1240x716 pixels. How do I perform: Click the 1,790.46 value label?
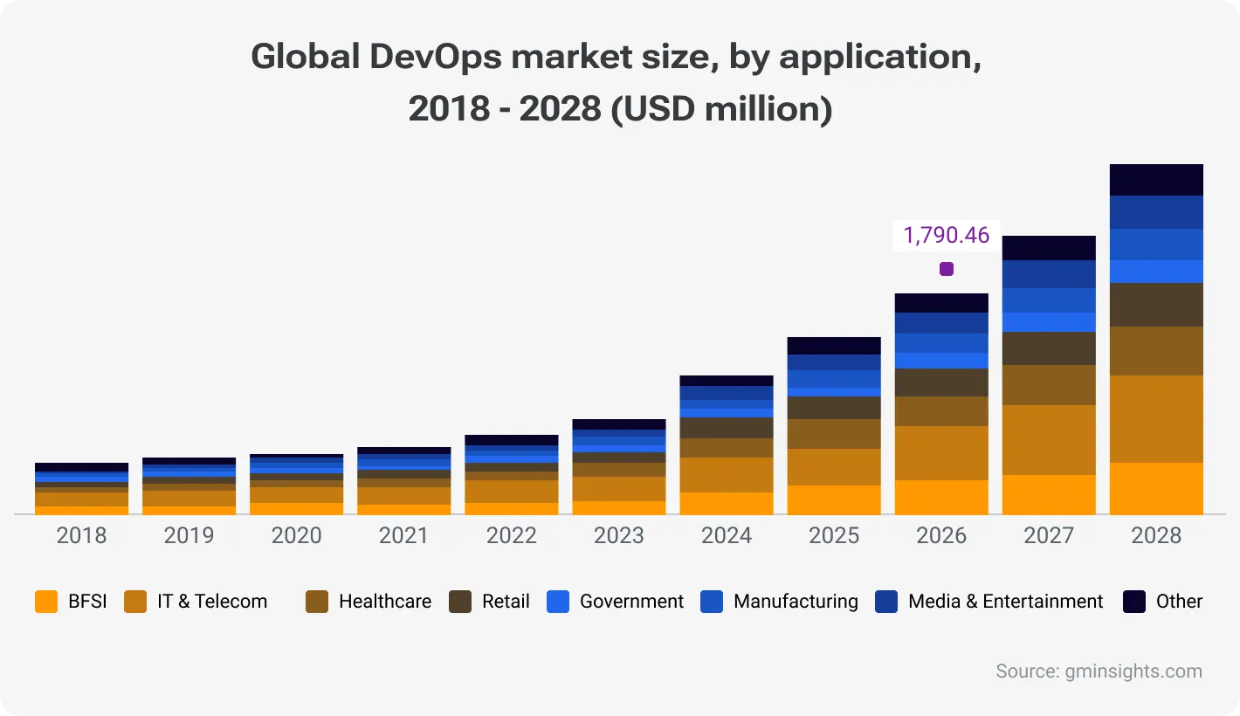(x=946, y=235)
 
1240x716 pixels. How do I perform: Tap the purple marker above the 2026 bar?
(x=946, y=269)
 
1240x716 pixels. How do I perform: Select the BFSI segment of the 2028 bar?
(x=1156, y=488)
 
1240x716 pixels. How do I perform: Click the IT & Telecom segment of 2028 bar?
(x=1156, y=418)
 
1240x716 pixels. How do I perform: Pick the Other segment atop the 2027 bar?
(x=1049, y=248)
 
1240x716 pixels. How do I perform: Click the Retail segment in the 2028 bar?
(x=1156, y=304)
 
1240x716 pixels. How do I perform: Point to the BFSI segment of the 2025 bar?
(x=834, y=499)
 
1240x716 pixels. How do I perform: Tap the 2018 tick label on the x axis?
(x=81, y=535)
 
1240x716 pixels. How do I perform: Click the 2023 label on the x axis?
(x=618, y=535)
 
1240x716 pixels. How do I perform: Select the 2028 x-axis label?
(x=1156, y=535)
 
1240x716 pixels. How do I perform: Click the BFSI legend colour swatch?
(x=46, y=602)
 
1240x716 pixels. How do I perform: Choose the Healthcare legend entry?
(x=384, y=602)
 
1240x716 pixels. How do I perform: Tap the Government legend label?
(x=631, y=602)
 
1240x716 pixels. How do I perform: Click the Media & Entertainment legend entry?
(x=1005, y=602)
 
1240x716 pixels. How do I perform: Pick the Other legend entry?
(x=1179, y=602)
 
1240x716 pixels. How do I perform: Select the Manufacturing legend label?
(x=796, y=602)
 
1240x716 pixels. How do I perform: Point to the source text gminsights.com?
(x=1133, y=671)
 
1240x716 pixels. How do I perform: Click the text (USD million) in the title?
(x=721, y=110)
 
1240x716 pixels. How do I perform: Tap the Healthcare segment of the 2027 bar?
(x=1049, y=384)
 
